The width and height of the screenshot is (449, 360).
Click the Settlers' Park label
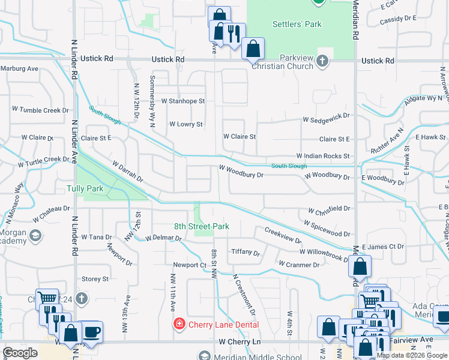click(x=297, y=25)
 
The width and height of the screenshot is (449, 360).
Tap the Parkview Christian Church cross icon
click(x=323, y=61)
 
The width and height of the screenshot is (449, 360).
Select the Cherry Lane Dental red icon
click(x=178, y=325)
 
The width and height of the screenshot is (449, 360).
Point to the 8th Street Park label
click(x=201, y=227)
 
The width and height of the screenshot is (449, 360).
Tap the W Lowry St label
click(x=186, y=124)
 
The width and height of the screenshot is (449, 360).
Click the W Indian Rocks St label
click(x=322, y=156)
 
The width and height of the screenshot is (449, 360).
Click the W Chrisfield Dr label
click(x=329, y=209)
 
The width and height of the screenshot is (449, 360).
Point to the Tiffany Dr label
click(x=246, y=253)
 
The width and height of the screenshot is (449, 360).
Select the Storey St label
click(x=95, y=279)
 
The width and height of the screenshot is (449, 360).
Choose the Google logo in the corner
click(x=20, y=353)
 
